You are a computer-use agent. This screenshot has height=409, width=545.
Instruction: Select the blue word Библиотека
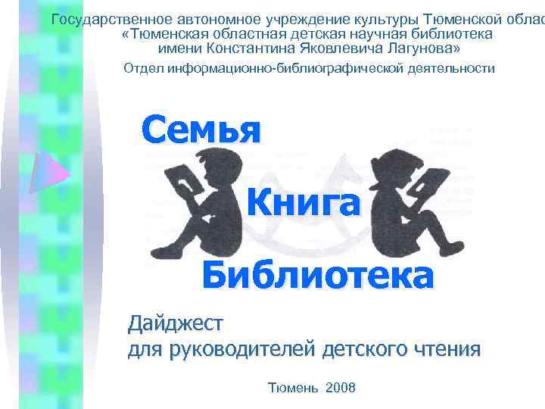(x=318, y=275)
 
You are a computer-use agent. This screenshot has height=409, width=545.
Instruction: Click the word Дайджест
(x=176, y=324)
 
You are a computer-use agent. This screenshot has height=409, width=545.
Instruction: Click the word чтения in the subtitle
(x=447, y=349)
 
